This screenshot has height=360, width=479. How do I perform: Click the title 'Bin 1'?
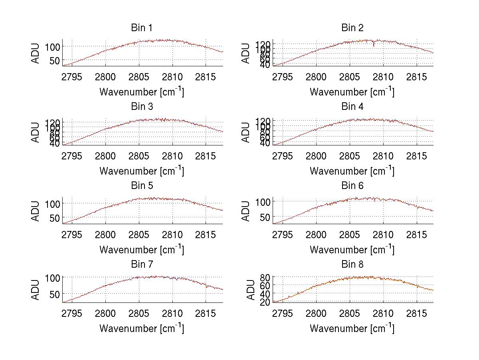click(x=141, y=28)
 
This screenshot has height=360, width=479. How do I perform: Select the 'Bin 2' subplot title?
click(x=352, y=28)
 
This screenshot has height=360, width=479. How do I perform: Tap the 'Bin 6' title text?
click(x=352, y=186)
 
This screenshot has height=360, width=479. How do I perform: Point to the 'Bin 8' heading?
click(x=352, y=265)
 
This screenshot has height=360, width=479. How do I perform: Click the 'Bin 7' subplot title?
click(x=141, y=265)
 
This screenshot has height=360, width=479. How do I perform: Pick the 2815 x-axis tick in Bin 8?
click(x=416, y=313)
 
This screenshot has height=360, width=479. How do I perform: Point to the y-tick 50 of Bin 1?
click(x=55, y=61)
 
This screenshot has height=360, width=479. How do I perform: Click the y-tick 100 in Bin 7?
click(x=52, y=277)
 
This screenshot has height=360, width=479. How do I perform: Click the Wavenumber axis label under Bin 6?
click(x=352, y=250)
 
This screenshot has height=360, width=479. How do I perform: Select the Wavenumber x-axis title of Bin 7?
click(x=141, y=328)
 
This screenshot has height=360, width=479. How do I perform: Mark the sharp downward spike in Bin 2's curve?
click(x=374, y=45)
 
